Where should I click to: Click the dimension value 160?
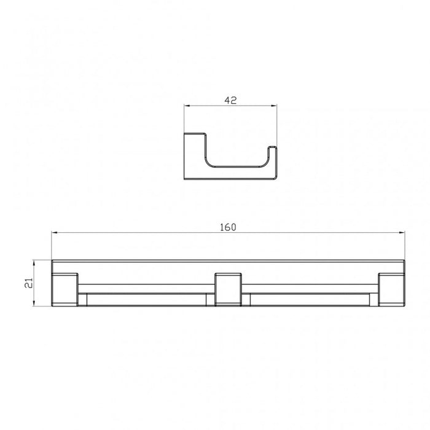tap(228, 227)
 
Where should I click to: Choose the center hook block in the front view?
tap(227, 288)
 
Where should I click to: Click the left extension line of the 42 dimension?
tap(184, 117)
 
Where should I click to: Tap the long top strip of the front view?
tap(228, 265)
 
